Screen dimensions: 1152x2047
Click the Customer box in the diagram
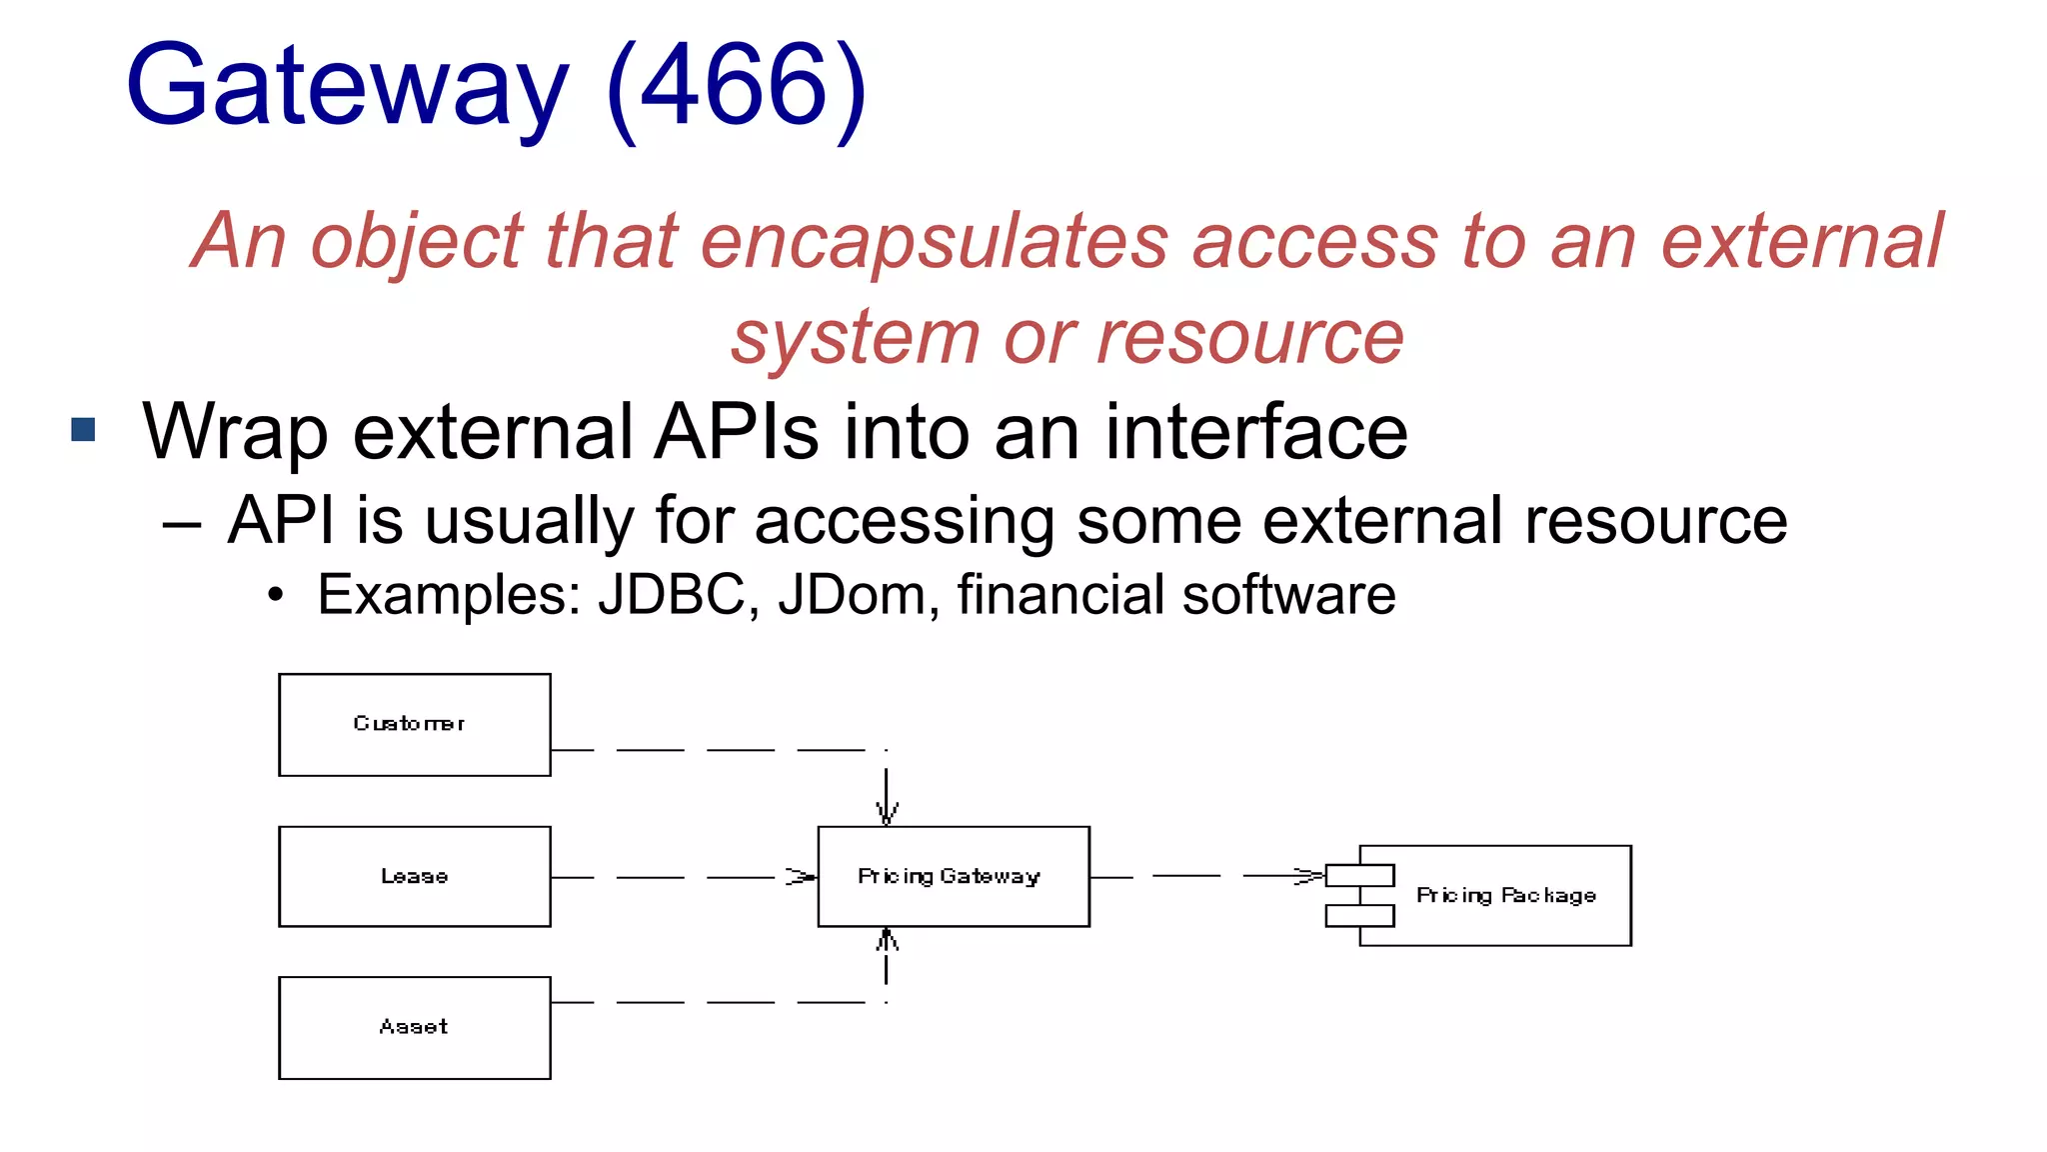(x=414, y=724)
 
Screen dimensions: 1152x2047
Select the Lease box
(x=414, y=876)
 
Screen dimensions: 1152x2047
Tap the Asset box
(x=414, y=1027)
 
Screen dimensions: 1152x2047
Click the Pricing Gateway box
(x=953, y=876)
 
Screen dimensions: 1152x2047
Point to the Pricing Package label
(x=1505, y=895)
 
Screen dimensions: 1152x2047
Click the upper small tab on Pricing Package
(x=1359, y=876)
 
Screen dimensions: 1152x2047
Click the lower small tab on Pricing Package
(x=1359, y=915)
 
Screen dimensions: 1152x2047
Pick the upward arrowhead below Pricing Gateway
(x=887, y=940)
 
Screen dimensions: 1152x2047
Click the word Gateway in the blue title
(x=347, y=88)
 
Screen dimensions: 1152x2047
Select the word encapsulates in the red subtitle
(x=934, y=243)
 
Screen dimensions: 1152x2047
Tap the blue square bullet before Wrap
(x=84, y=430)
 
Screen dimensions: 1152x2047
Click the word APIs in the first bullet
(x=737, y=432)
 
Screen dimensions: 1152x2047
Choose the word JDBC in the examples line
(x=671, y=595)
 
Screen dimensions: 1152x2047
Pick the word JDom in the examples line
(x=852, y=595)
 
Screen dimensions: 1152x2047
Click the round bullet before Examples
(x=276, y=596)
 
